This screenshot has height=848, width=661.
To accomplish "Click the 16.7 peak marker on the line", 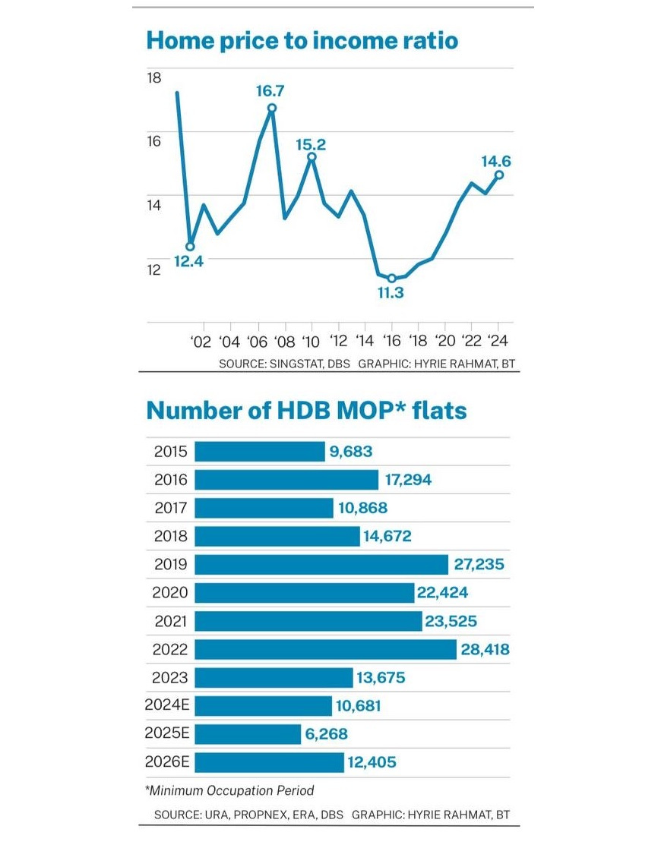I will point(271,108).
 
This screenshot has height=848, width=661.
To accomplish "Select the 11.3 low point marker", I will point(392,279).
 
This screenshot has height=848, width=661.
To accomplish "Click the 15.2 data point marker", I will point(312,157).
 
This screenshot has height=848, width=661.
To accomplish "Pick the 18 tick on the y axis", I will point(154,77).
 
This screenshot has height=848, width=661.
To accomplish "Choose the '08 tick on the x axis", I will point(284,341).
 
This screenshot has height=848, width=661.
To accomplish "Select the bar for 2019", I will point(321,564).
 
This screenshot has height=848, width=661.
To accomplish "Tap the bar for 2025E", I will point(248,734).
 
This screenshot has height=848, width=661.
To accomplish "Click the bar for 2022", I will point(325,649).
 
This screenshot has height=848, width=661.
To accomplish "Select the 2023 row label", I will point(170,677).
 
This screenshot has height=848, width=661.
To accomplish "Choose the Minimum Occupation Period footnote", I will point(229,790).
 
